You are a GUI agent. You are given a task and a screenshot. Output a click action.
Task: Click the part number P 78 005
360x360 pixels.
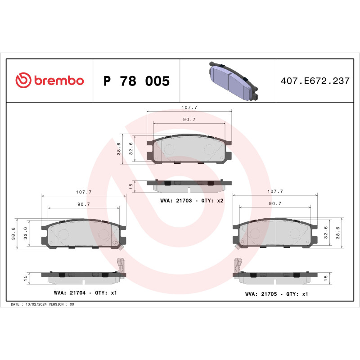[136, 81]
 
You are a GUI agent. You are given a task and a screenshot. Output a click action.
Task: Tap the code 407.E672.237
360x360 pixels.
[315, 81]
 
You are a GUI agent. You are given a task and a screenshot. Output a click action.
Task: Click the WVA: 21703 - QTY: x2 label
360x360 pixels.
[192, 200]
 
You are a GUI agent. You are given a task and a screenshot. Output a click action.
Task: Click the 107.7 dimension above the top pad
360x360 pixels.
[189, 108]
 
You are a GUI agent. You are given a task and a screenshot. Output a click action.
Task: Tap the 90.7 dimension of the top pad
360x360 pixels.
[189, 119]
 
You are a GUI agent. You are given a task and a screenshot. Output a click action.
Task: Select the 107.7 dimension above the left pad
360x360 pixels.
[84, 192]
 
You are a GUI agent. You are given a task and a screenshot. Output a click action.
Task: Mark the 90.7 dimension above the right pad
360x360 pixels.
[275, 203]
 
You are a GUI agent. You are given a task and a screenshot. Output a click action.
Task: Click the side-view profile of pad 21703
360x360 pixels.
[189, 183]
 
